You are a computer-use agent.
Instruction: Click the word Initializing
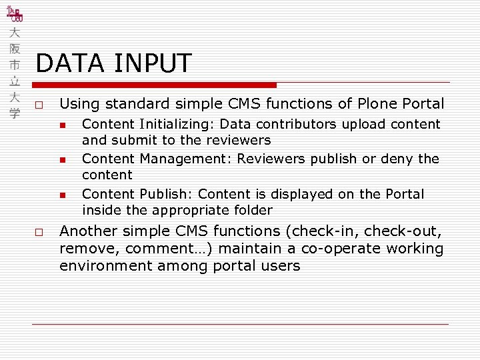176,124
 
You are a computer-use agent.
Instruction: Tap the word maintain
228,249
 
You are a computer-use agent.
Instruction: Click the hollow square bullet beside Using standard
40,105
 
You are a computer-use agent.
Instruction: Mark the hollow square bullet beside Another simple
40,233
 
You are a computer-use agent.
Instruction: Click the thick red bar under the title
155,85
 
